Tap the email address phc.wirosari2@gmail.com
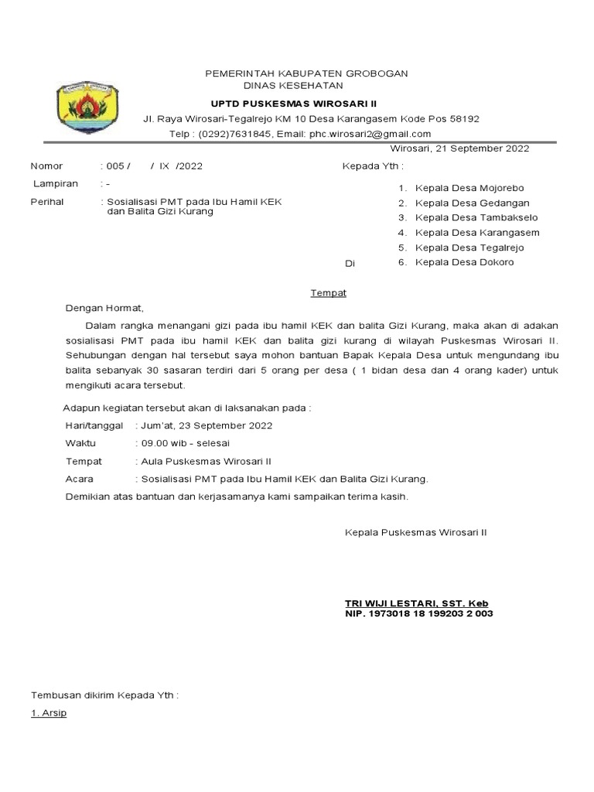click(370, 133)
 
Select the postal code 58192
click(461, 119)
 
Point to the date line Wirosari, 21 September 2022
click(459, 148)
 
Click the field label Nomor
click(46, 166)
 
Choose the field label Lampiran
click(55, 184)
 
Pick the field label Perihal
click(49, 202)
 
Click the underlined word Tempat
click(329, 293)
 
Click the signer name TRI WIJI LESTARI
click(390, 603)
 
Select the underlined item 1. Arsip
click(48, 713)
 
